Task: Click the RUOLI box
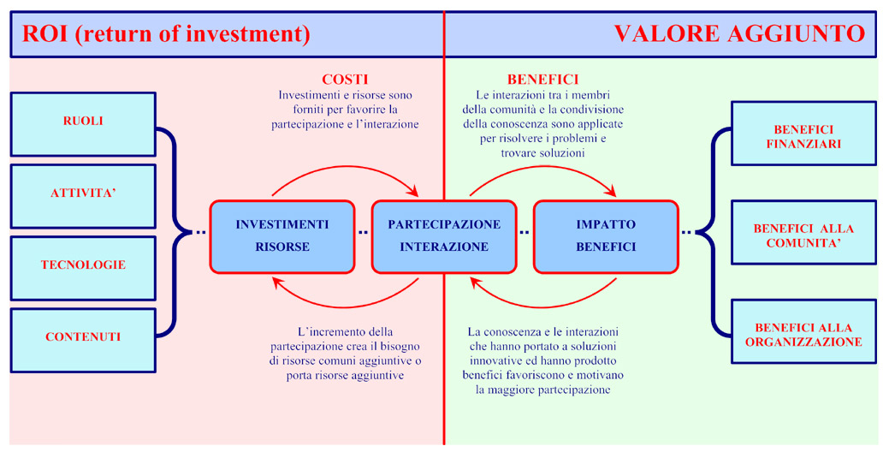tap(83, 124)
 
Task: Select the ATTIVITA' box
tap(83, 196)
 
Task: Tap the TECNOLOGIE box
tap(83, 269)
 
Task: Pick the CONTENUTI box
tap(83, 341)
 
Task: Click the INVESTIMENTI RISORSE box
tap(282, 236)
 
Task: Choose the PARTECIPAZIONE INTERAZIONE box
tap(444, 236)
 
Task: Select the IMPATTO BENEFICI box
tap(606, 236)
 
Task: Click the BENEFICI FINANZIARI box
tap(804, 134)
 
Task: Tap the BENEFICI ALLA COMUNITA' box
tap(804, 232)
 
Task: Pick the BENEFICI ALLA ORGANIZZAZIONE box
tap(804, 331)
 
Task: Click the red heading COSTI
tap(345, 80)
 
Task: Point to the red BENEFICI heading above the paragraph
tap(542, 80)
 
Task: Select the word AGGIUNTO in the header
tap(796, 34)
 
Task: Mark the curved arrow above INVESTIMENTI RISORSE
tap(345, 166)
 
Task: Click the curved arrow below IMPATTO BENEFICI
tap(543, 307)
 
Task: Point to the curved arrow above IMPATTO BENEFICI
tap(543, 166)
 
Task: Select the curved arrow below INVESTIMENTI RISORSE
tap(345, 307)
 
